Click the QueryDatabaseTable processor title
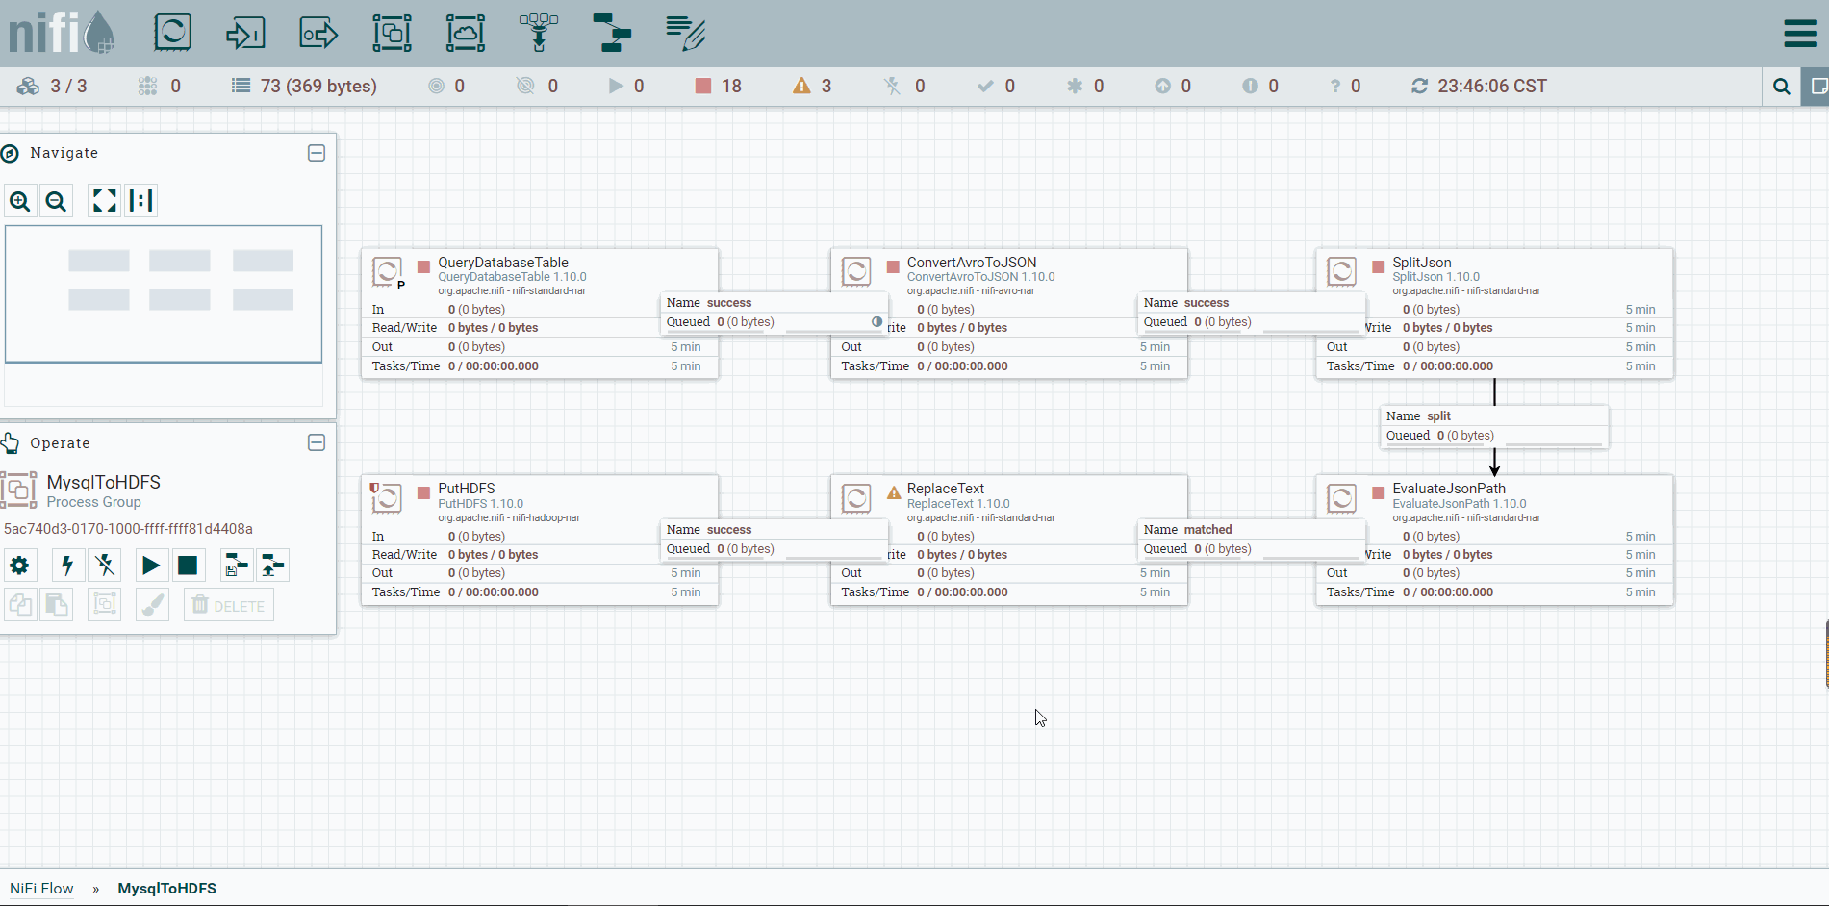point(503,263)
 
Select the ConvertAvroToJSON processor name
point(972,263)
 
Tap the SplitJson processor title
point(1422,263)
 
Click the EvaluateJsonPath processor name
point(1449,489)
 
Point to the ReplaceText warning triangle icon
point(894,492)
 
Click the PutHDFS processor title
point(467,489)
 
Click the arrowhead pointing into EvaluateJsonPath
point(1494,468)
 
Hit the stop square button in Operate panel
point(188,566)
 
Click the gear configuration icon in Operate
point(19,566)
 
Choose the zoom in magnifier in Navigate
point(19,201)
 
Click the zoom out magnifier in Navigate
point(57,201)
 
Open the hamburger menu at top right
point(1800,34)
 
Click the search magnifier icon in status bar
point(1782,87)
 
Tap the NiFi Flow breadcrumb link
point(41,889)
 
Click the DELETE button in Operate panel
point(229,605)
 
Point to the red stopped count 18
point(731,87)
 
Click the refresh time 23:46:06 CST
point(1492,87)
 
